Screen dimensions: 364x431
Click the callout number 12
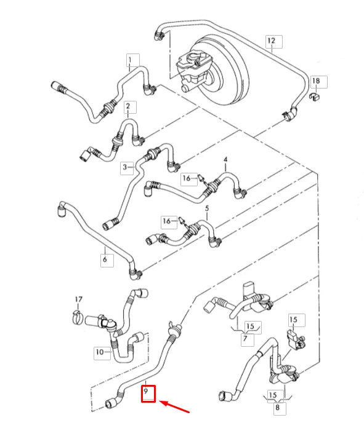click(x=271, y=41)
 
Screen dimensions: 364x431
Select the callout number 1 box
click(x=132, y=60)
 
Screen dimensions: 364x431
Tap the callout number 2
click(x=127, y=106)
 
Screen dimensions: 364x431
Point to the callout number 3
click(x=125, y=167)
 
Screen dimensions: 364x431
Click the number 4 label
click(x=226, y=159)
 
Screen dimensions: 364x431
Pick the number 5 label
click(x=207, y=208)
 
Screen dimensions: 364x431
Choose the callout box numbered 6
click(x=107, y=259)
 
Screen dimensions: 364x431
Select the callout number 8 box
click(x=278, y=407)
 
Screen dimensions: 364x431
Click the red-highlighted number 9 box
click(x=148, y=393)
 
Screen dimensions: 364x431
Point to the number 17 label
click(x=79, y=299)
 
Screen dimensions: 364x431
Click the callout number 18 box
click(x=319, y=82)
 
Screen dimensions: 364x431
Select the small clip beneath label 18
click(x=315, y=97)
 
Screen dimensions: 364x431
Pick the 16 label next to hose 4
click(x=187, y=178)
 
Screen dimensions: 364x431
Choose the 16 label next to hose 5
click(x=167, y=221)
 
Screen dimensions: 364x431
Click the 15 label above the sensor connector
click(x=293, y=319)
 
